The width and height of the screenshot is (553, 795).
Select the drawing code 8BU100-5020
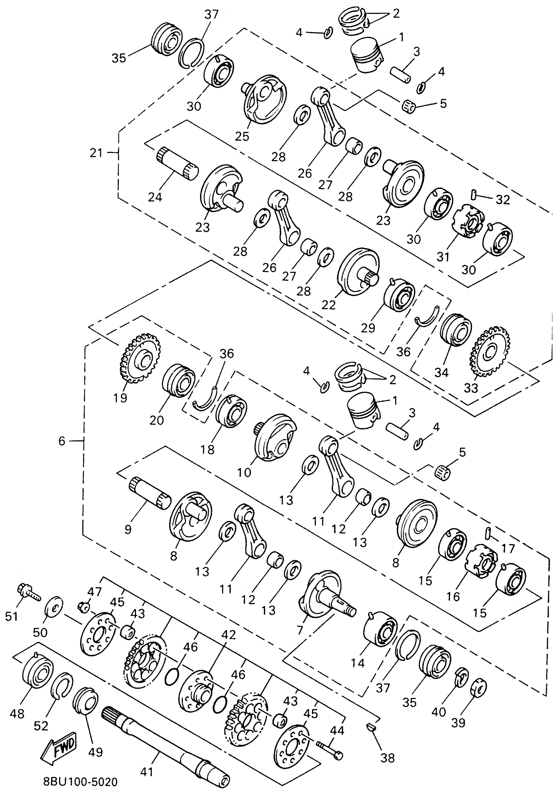[x=80, y=781]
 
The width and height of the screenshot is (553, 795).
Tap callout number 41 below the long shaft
[x=146, y=772]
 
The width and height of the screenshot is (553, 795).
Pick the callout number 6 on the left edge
[x=61, y=441]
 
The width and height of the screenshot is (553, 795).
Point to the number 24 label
[x=155, y=197]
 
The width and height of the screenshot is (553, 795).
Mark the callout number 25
[x=242, y=136]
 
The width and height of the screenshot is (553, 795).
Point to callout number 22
[x=328, y=305]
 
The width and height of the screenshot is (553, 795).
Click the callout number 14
[x=357, y=663]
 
